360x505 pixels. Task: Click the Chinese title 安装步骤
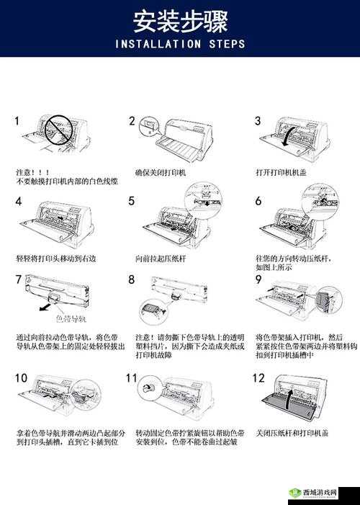point(180,21)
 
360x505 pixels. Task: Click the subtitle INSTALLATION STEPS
point(180,44)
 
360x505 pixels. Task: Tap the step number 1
point(17,121)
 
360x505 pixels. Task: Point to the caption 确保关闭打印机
point(160,173)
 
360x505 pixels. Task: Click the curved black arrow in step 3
point(289,137)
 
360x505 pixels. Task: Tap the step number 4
point(19,202)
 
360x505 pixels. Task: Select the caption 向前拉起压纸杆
point(160,257)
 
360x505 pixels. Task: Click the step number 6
point(258,202)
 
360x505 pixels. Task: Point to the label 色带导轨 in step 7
point(71,317)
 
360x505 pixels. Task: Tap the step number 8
point(132,280)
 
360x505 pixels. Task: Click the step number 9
point(258,280)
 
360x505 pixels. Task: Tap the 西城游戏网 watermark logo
point(321,492)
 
